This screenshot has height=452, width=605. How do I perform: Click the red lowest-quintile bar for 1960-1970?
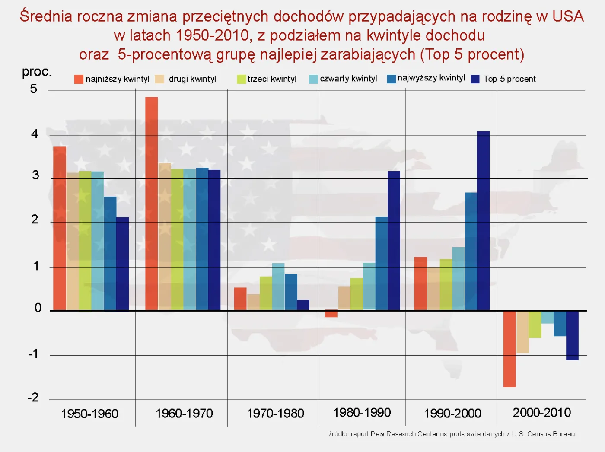pyautogui.click(x=151, y=203)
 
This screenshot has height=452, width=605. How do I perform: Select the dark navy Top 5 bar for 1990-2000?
pyautogui.click(x=483, y=220)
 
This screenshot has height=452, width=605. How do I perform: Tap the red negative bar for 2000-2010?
pyautogui.click(x=509, y=349)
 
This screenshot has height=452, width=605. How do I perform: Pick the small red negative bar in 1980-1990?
pyautogui.click(x=331, y=314)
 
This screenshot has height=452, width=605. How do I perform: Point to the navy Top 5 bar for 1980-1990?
pyautogui.click(x=394, y=240)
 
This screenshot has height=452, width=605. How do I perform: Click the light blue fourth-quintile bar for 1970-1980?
pyautogui.click(x=278, y=286)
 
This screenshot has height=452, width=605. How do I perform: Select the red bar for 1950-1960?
pyautogui.click(x=60, y=228)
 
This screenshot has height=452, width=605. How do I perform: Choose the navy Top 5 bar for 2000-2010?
pyautogui.click(x=572, y=335)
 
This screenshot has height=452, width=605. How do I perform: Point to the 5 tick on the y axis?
pyautogui.click(x=34, y=89)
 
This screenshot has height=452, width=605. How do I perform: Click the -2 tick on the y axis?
pyautogui.click(x=33, y=398)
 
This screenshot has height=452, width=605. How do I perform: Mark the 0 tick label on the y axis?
pyautogui.click(x=38, y=308)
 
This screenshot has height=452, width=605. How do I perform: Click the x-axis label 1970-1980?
pyautogui.click(x=275, y=414)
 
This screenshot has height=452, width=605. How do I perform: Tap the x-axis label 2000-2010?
pyautogui.click(x=541, y=413)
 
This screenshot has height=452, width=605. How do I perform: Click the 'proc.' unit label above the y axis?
pyautogui.click(x=37, y=72)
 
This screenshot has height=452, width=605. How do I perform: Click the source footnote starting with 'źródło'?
pyautogui.click(x=451, y=434)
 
